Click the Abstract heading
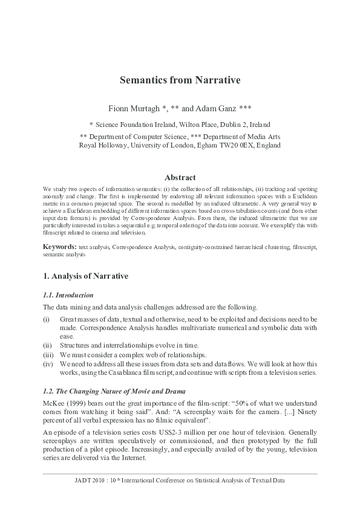180,178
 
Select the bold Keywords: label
59,247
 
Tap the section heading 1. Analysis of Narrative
85,276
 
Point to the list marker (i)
46,319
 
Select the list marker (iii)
48,354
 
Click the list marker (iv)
48,364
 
